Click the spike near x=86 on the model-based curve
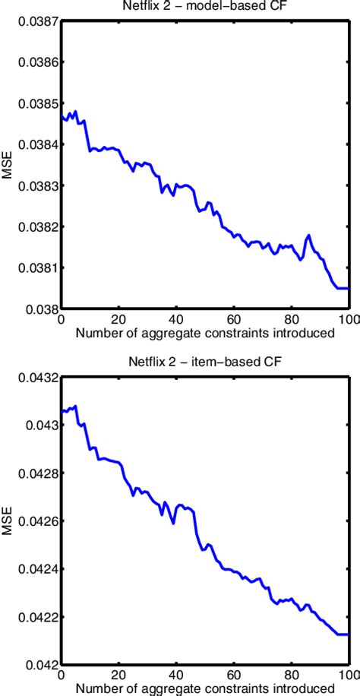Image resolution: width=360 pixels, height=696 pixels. click(309, 236)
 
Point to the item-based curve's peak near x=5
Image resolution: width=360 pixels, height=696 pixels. click(75, 407)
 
